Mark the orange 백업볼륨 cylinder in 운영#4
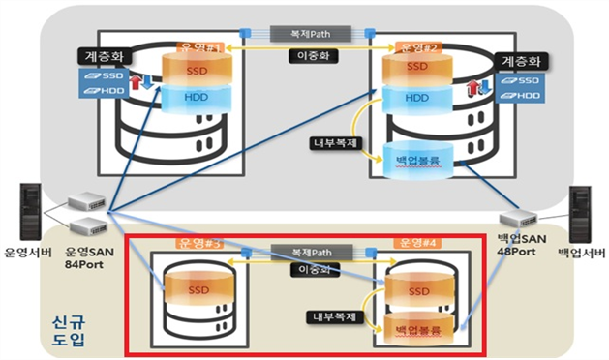point(418,327)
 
